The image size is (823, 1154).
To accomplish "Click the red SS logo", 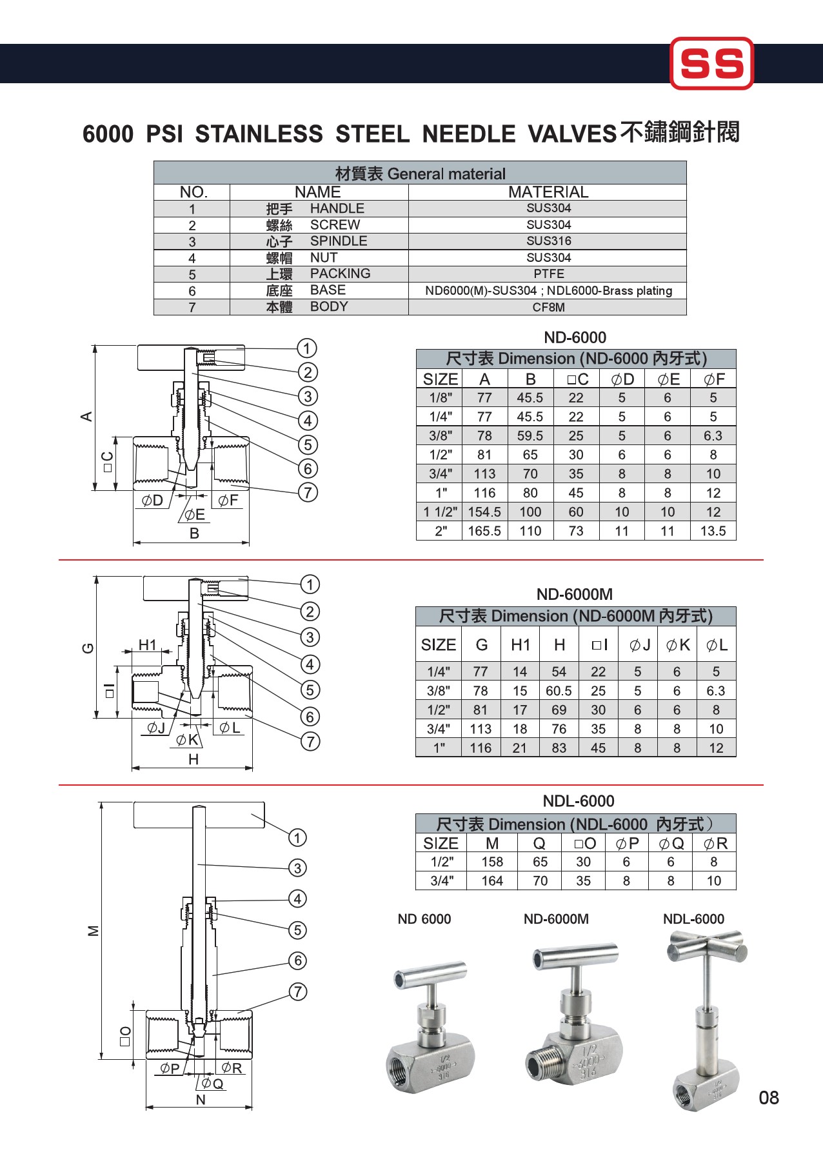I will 711,63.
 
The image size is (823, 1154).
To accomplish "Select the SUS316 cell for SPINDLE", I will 548,241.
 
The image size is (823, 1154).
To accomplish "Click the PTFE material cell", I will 548,274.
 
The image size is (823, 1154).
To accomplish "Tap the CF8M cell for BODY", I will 548,308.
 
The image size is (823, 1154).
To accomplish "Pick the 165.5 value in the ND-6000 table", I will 484,532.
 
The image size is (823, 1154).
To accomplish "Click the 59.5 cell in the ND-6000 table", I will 530,436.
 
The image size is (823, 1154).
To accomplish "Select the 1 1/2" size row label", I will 440,512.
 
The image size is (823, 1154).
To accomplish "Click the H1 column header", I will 521,645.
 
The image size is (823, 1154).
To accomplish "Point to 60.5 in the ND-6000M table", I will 559,691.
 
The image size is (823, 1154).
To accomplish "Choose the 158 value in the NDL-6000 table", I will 492,862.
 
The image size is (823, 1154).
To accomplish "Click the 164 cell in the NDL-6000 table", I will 492,881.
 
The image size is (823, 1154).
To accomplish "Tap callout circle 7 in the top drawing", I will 308,493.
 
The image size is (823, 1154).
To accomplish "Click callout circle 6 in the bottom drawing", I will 297,961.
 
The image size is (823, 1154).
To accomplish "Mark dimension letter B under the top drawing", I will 194,533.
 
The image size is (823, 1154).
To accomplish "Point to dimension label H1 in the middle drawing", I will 148,645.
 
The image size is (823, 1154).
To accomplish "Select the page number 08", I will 769,1098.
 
